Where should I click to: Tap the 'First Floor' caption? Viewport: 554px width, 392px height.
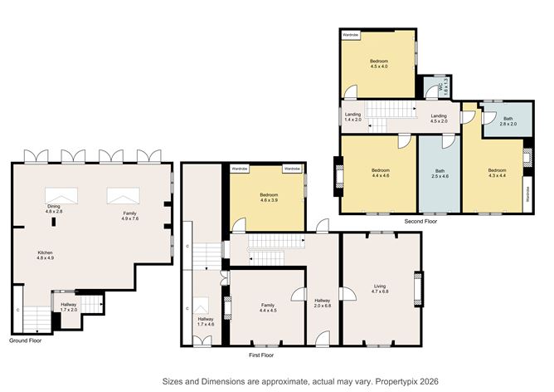tap(261, 355)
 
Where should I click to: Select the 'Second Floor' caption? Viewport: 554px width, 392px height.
tap(421, 222)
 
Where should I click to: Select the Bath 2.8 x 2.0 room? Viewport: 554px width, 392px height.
tap(507, 120)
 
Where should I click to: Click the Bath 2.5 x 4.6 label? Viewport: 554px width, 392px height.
tap(440, 174)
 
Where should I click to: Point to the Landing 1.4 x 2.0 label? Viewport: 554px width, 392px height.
tap(353, 118)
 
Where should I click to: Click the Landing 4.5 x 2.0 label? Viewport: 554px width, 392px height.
tap(439, 118)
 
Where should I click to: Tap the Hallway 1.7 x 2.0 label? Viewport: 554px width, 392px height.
tap(69, 307)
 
